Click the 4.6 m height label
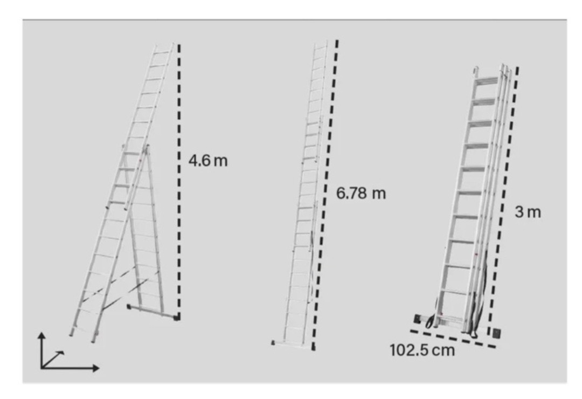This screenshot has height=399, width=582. (208, 161)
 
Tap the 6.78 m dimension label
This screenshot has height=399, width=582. (361, 193)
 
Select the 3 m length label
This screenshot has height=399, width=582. (528, 212)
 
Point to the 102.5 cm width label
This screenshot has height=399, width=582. (422, 350)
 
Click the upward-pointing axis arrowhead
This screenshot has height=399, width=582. (42, 335)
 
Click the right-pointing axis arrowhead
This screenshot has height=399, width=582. (96, 368)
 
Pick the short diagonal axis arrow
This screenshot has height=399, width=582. (53, 359)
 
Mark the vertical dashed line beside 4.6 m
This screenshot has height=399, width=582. (179, 181)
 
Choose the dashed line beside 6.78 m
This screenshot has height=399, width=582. (325, 195)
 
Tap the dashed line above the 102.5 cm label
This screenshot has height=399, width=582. (453, 339)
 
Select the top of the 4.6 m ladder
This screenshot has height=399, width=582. (164, 45)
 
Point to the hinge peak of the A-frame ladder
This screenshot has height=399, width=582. (147, 147)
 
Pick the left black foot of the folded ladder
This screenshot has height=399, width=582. (418, 319)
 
